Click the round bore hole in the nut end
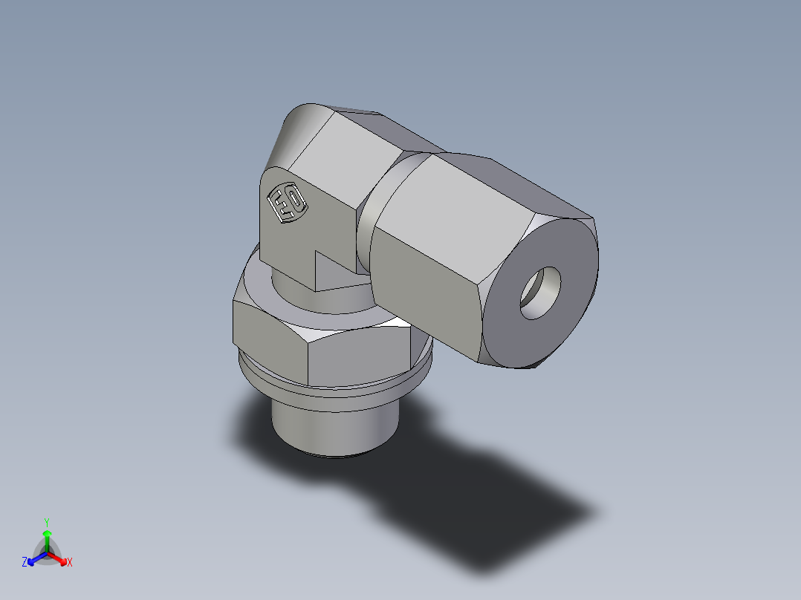539,293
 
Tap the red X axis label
69,563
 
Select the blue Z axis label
25,563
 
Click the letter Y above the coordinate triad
46,522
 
